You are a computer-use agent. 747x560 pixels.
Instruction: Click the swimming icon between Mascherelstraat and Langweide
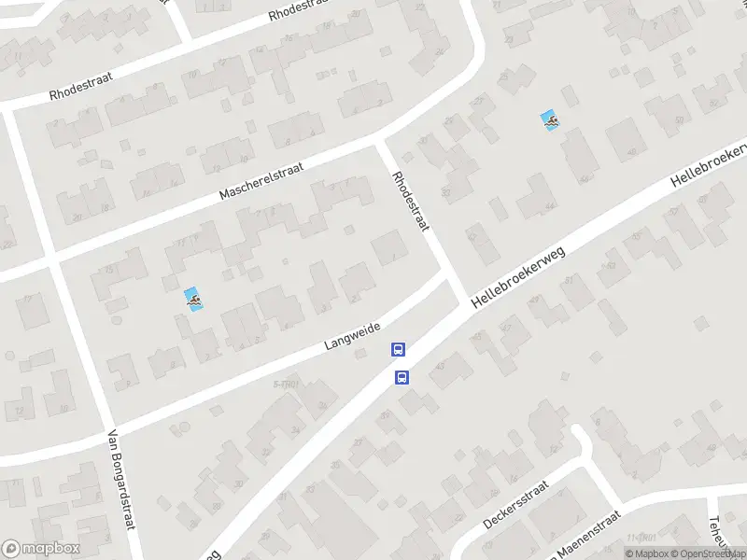[193, 300]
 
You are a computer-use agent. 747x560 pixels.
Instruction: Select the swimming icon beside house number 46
[551, 120]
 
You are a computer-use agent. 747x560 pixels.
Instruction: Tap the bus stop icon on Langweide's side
[398, 350]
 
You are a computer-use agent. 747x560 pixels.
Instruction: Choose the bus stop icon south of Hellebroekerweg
[402, 377]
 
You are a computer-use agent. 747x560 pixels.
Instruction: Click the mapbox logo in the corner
[41, 549]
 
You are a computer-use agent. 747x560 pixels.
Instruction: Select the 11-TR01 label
[639, 539]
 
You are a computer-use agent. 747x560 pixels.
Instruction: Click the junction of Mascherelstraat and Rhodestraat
[380, 145]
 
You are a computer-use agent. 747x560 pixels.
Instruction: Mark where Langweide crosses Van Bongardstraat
[104, 429]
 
